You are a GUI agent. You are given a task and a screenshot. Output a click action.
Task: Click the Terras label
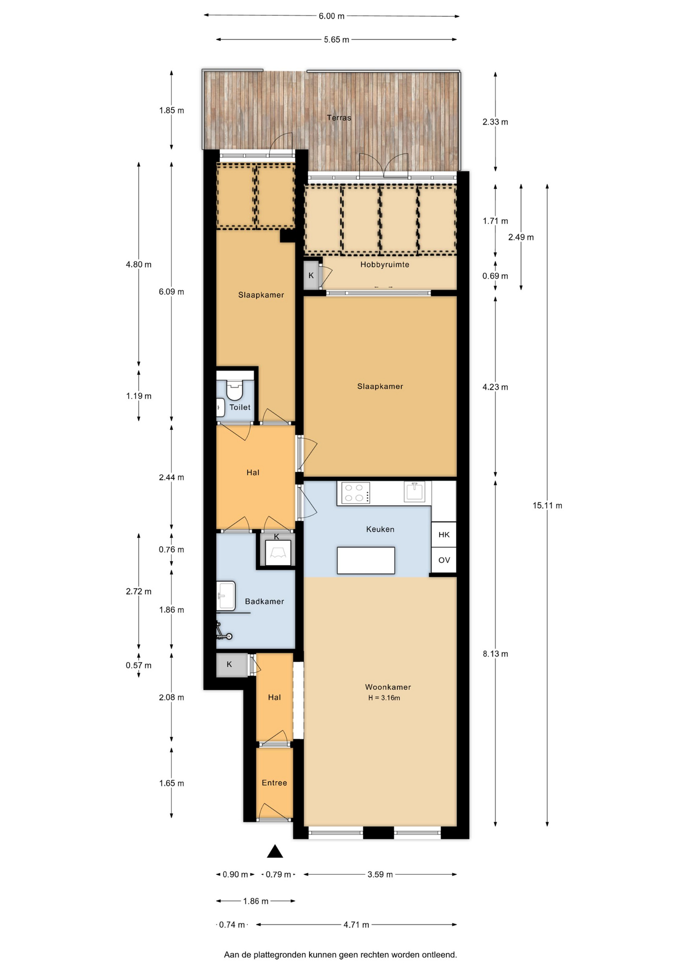click(338, 117)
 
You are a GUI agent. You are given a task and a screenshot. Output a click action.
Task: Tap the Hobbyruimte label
click(385, 264)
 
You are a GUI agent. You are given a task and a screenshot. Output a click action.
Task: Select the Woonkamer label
click(388, 687)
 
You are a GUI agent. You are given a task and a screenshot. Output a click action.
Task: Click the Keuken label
click(380, 529)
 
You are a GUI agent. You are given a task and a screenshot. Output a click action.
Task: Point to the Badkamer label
click(264, 601)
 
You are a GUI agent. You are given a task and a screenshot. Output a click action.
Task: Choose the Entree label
click(274, 783)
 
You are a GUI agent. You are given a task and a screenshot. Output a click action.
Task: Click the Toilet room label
click(240, 407)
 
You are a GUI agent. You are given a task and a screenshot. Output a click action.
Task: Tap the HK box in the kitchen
click(444, 535)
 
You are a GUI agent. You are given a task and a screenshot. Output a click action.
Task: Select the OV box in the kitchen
click(444, 560)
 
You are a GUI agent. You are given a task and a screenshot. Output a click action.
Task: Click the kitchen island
click(366, 560)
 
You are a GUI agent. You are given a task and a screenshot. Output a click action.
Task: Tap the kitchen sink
click(414, 492)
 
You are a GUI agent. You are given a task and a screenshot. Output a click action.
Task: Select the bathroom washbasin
click(226, 595)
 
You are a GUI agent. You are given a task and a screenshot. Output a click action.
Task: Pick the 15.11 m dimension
click(547, 505)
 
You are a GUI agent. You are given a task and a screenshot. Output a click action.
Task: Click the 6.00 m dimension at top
click(331, 16)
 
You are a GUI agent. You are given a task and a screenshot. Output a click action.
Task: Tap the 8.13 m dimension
click(495, 654)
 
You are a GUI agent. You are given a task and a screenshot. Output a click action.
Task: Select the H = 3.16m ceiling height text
click(384, 698)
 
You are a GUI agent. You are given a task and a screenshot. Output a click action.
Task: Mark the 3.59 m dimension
click(380, 874)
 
